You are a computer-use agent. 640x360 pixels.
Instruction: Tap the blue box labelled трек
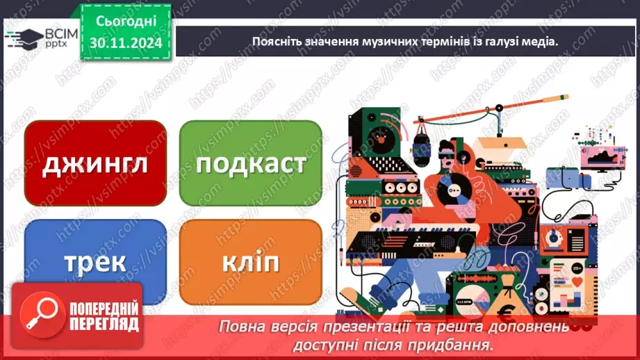[96, 262]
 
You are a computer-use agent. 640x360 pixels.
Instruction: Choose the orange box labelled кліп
[251, 262]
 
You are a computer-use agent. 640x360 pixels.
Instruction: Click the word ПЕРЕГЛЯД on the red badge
[104, 325]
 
